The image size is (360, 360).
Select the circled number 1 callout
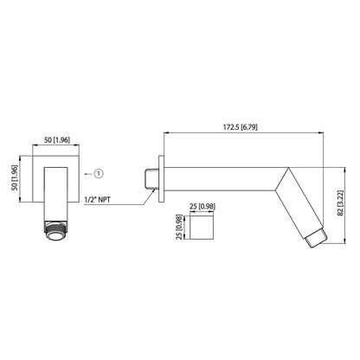[x=97, y=173]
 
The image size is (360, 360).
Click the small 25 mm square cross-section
[x=202, y=229]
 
